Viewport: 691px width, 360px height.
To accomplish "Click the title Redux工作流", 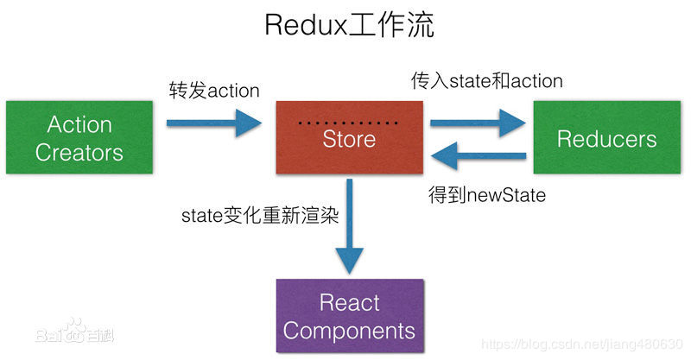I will pos(349,25).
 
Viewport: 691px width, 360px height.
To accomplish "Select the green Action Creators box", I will pos(79,138).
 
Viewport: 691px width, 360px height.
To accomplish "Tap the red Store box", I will pos(349,138).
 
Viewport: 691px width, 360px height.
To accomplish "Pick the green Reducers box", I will pos(606,138).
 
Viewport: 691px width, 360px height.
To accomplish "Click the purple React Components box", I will pos(349,316).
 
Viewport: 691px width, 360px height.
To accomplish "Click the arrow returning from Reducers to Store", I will pos(479,157).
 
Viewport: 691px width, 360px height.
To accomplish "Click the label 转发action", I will pos(214,90).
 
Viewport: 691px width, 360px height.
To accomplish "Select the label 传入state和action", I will pos(486,81).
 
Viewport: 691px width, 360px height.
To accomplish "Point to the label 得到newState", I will pos(487,195).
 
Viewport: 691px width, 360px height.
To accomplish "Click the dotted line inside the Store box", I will pos(348,123).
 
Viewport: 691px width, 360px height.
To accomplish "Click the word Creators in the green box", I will pos(79,153).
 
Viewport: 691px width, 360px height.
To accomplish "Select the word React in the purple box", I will pos(349,302).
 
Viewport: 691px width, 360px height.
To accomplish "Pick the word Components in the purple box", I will pos(349,330).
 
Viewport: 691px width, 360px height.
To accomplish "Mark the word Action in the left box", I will pos(79,124).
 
